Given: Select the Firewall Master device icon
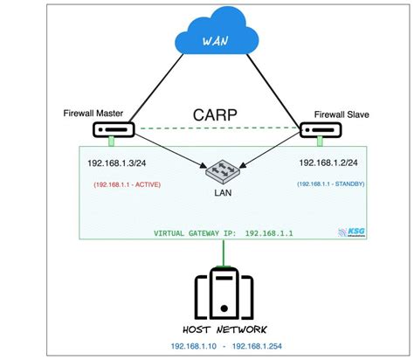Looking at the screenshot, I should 112,129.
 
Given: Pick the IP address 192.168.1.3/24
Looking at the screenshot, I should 122,163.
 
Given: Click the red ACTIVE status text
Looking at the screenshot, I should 126,184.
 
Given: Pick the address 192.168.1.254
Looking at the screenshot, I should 260,346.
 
